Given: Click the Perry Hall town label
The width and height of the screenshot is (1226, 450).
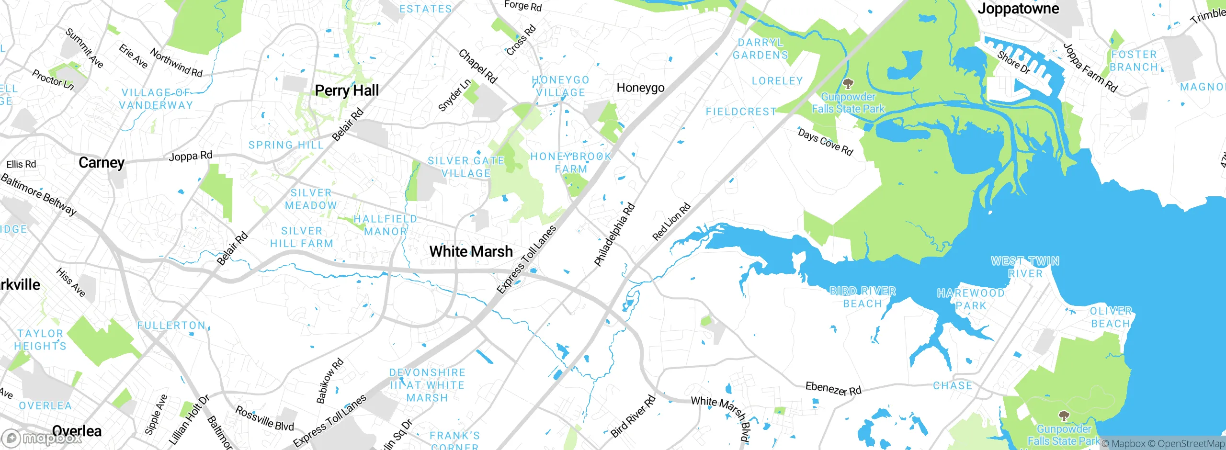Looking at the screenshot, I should click(347, 90).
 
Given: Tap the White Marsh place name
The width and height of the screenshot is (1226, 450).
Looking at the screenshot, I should click(471, 251).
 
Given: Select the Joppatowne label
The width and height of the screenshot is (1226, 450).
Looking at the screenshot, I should click(1018, 9).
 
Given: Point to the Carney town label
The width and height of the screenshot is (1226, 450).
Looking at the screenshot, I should click(102, 163).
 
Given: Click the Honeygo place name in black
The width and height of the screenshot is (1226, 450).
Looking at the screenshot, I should click(640, 88).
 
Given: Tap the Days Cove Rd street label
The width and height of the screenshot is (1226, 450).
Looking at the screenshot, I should click(825, 142).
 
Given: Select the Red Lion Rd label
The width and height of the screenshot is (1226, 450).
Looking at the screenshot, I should click(671, 222).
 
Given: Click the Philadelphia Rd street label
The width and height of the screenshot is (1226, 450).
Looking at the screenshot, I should click(614, 235).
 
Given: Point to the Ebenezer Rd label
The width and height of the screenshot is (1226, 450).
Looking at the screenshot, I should click(833, 388).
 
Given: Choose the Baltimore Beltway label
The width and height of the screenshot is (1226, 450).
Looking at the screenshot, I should click(38, 194).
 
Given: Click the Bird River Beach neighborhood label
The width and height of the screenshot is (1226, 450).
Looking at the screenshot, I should click(863, 297).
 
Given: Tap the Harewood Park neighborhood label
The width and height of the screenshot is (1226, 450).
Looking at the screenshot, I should click(971, 299).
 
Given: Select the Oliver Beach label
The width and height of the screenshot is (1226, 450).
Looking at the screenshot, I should click(1111, 317).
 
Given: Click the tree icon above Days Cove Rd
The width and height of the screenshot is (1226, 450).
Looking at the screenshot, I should click(848, 85).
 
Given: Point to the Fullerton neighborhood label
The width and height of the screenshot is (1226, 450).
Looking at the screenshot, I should click(171, 326).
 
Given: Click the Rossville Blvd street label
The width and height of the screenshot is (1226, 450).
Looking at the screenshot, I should click(264, 418).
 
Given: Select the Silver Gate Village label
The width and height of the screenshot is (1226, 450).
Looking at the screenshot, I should click(466, 167).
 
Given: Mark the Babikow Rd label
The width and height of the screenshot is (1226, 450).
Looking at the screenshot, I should click(330, 381).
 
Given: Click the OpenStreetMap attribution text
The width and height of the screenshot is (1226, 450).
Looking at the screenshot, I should click(1191, 444).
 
